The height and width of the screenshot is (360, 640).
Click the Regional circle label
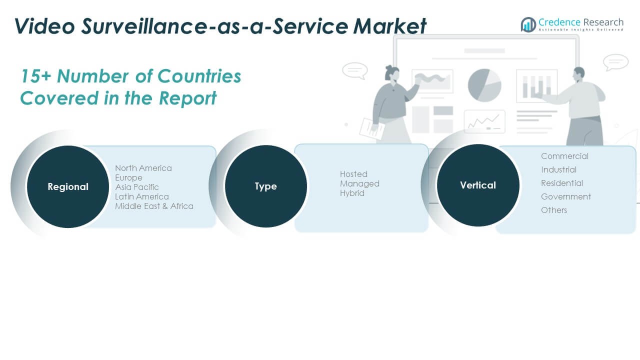point(68,186)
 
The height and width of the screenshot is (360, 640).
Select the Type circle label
point(265,186)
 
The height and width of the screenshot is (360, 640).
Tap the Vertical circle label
point(478,185)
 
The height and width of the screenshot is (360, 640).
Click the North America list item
point(143,168)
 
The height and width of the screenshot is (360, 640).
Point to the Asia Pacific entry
point(136,187)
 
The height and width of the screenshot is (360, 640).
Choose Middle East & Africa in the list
point(154,206)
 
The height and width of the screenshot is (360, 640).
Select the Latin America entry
point(141,196)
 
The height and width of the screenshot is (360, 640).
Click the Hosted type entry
point(353,174)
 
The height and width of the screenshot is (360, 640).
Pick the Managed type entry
point(359,183)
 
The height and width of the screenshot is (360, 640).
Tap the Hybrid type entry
point(352,193)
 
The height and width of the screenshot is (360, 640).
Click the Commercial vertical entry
point(564,156)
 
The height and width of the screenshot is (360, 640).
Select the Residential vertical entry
point(562,183)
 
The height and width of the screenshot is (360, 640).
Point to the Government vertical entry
point(566,196)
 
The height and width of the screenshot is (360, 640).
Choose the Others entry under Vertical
point(554,210)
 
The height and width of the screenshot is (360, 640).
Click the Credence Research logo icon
point(528,24)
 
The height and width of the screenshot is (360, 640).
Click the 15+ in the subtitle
point(35,76)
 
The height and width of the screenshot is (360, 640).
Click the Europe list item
point(128,177)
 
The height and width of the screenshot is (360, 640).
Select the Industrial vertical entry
point(558,169)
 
